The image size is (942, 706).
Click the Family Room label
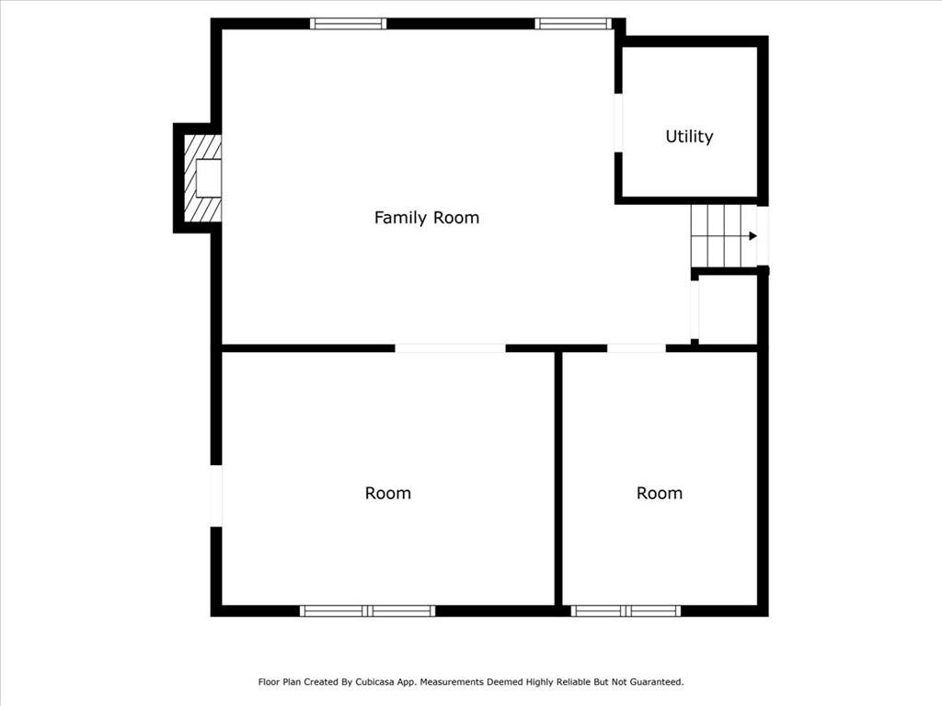[x=427, y=217]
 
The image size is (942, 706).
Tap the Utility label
[x=689, y=136]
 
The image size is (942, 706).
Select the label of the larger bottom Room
[x=388, y=493]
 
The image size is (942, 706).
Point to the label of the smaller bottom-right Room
[x=660, y=493]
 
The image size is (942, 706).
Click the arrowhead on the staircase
[x=752, y=236]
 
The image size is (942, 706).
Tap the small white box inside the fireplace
[x=209, y=177]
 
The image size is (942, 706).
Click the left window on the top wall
[x=349, y=23]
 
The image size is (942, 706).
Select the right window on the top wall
[x=573, y=23]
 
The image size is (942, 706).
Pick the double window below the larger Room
[x=368, y=611]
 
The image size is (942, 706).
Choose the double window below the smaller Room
[x=626, y=611]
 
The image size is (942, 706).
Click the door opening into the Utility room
[x=618, y=123]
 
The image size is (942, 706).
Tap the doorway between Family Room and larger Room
[x=450, y=348]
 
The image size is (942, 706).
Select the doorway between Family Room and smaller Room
[x=637, y=348]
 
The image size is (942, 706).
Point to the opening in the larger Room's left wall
[x=216, y=495]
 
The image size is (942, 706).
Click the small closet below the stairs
[x=728, y=310]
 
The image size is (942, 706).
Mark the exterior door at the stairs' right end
[x=763, y=236]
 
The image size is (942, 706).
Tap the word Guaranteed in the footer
[x=657, y=682]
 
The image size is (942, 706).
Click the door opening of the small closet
[x=695, y=310]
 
